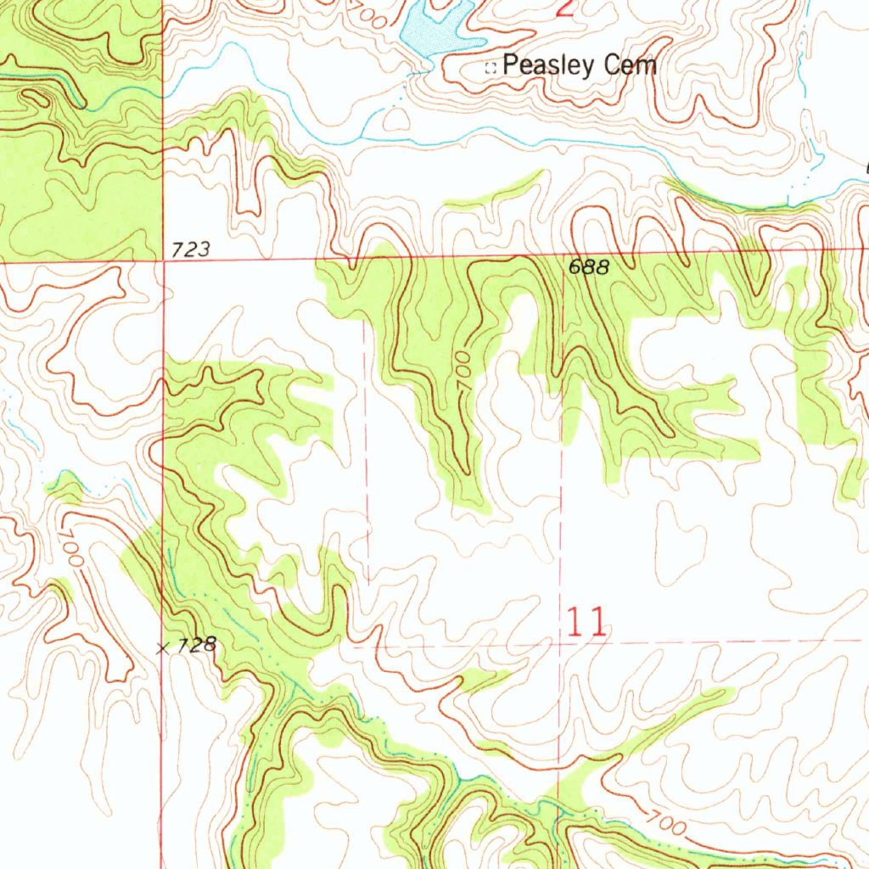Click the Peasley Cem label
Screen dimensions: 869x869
click(580, 65)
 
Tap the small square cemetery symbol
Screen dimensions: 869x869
click(490, 68)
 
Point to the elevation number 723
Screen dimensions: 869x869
click(190, 249)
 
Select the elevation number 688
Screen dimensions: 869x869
click(588, 266)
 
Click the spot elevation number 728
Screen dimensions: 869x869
click(198, 645)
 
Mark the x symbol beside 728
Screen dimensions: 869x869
click(164, 648)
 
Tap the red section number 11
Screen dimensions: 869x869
click(586, 623)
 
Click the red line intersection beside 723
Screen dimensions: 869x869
click(163, 261)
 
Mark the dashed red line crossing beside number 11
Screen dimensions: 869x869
click(560, 642)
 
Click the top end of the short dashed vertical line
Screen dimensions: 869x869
click(367, 322)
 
